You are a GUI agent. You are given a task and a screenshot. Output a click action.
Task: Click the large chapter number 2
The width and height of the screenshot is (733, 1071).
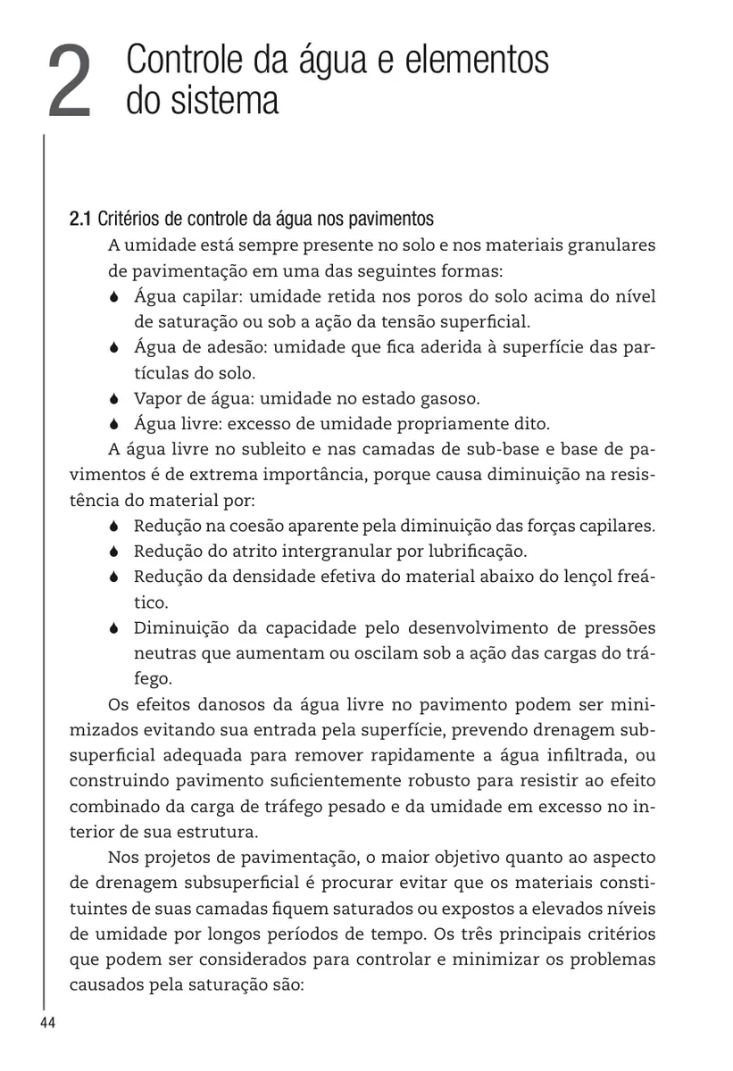[x=70, y=83]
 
